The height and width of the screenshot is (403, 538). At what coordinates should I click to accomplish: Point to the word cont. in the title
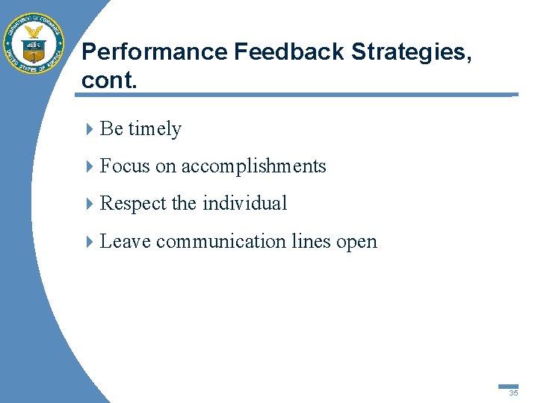point(109,80)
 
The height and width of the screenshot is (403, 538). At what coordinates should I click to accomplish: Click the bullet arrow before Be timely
point(90,129)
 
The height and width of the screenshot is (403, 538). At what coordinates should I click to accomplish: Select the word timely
point(155,129)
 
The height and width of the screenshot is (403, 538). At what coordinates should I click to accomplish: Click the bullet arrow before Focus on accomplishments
point(90,166)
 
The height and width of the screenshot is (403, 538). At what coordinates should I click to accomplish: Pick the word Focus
point(125,166)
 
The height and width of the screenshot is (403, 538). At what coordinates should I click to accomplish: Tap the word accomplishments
point(253,166)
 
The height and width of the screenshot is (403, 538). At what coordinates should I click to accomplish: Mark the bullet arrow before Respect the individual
point(90,204)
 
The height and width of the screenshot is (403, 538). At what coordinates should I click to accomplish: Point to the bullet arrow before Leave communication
point(90,242)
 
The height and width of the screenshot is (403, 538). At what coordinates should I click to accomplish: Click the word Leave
point(125,241)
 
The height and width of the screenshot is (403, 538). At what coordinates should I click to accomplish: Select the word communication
point(221,241)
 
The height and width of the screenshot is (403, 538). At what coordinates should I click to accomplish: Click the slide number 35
point(513,393)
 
